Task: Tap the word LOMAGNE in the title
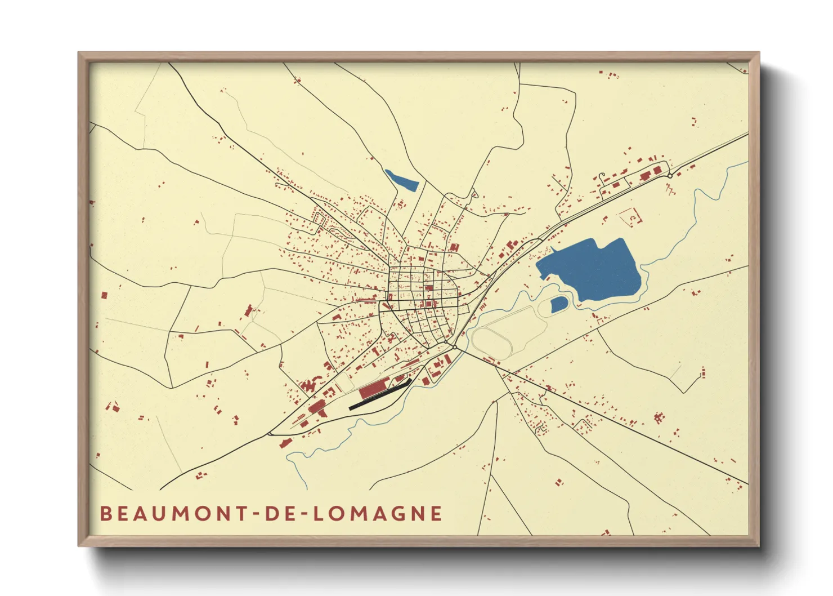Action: [377, 514]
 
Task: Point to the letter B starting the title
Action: [105, 514]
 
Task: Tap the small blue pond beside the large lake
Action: [558, 305]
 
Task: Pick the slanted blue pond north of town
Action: [401, 180]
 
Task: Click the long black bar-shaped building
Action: [379, 395]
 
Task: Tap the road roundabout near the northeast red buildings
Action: [670, 176]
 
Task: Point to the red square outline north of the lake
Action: [630, 216]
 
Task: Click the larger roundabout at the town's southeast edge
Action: [454, 347]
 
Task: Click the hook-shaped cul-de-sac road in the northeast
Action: [602, 179]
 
